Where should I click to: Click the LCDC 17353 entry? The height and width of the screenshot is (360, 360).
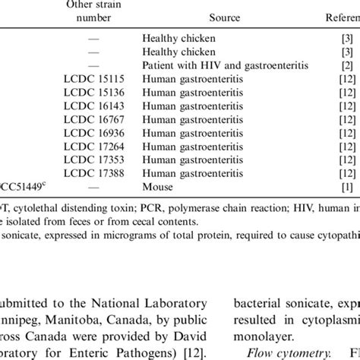(x=88, y=161)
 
